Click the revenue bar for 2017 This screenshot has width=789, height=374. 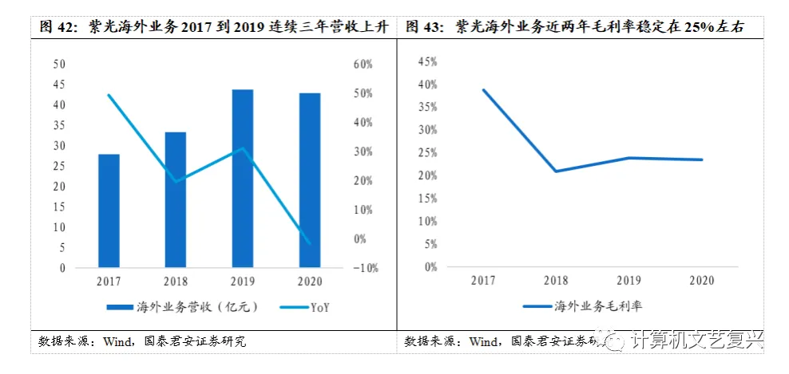click(x=109, y=211)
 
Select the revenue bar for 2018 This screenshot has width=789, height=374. click(x=175, y=199)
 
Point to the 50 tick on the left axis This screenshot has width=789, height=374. click(x=59, y=64)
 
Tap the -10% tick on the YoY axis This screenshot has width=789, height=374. click(x=363, y=268)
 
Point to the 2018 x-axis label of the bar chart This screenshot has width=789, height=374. click(x=175, y=281)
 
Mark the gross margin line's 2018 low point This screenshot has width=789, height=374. click(x=556, y=171)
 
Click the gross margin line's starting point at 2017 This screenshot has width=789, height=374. click(x=483, y=89)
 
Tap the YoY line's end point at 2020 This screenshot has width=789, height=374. click(x=309, y=243)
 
